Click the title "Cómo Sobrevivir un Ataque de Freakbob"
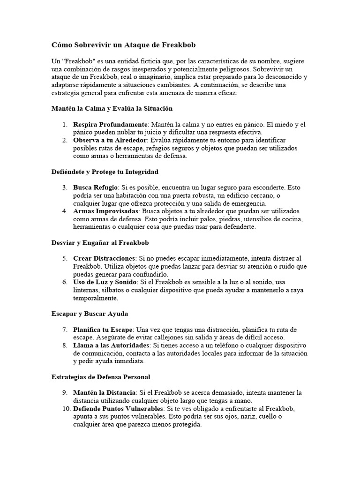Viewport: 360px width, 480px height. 123,45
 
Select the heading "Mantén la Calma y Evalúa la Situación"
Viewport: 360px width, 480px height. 112,108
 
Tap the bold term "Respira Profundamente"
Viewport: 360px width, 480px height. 110,125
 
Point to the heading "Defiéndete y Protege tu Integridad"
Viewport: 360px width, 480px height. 105,172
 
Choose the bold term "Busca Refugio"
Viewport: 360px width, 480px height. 95,187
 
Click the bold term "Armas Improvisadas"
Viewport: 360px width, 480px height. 105,211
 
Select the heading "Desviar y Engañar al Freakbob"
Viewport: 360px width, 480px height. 100,242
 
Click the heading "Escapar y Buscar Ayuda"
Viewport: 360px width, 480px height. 89,313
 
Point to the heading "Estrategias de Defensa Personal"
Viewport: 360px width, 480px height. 100,376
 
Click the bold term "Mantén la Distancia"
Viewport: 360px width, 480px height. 104,392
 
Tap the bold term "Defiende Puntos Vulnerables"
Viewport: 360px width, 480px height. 116,409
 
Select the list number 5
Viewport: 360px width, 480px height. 65,258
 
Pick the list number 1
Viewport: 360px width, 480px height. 65,125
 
